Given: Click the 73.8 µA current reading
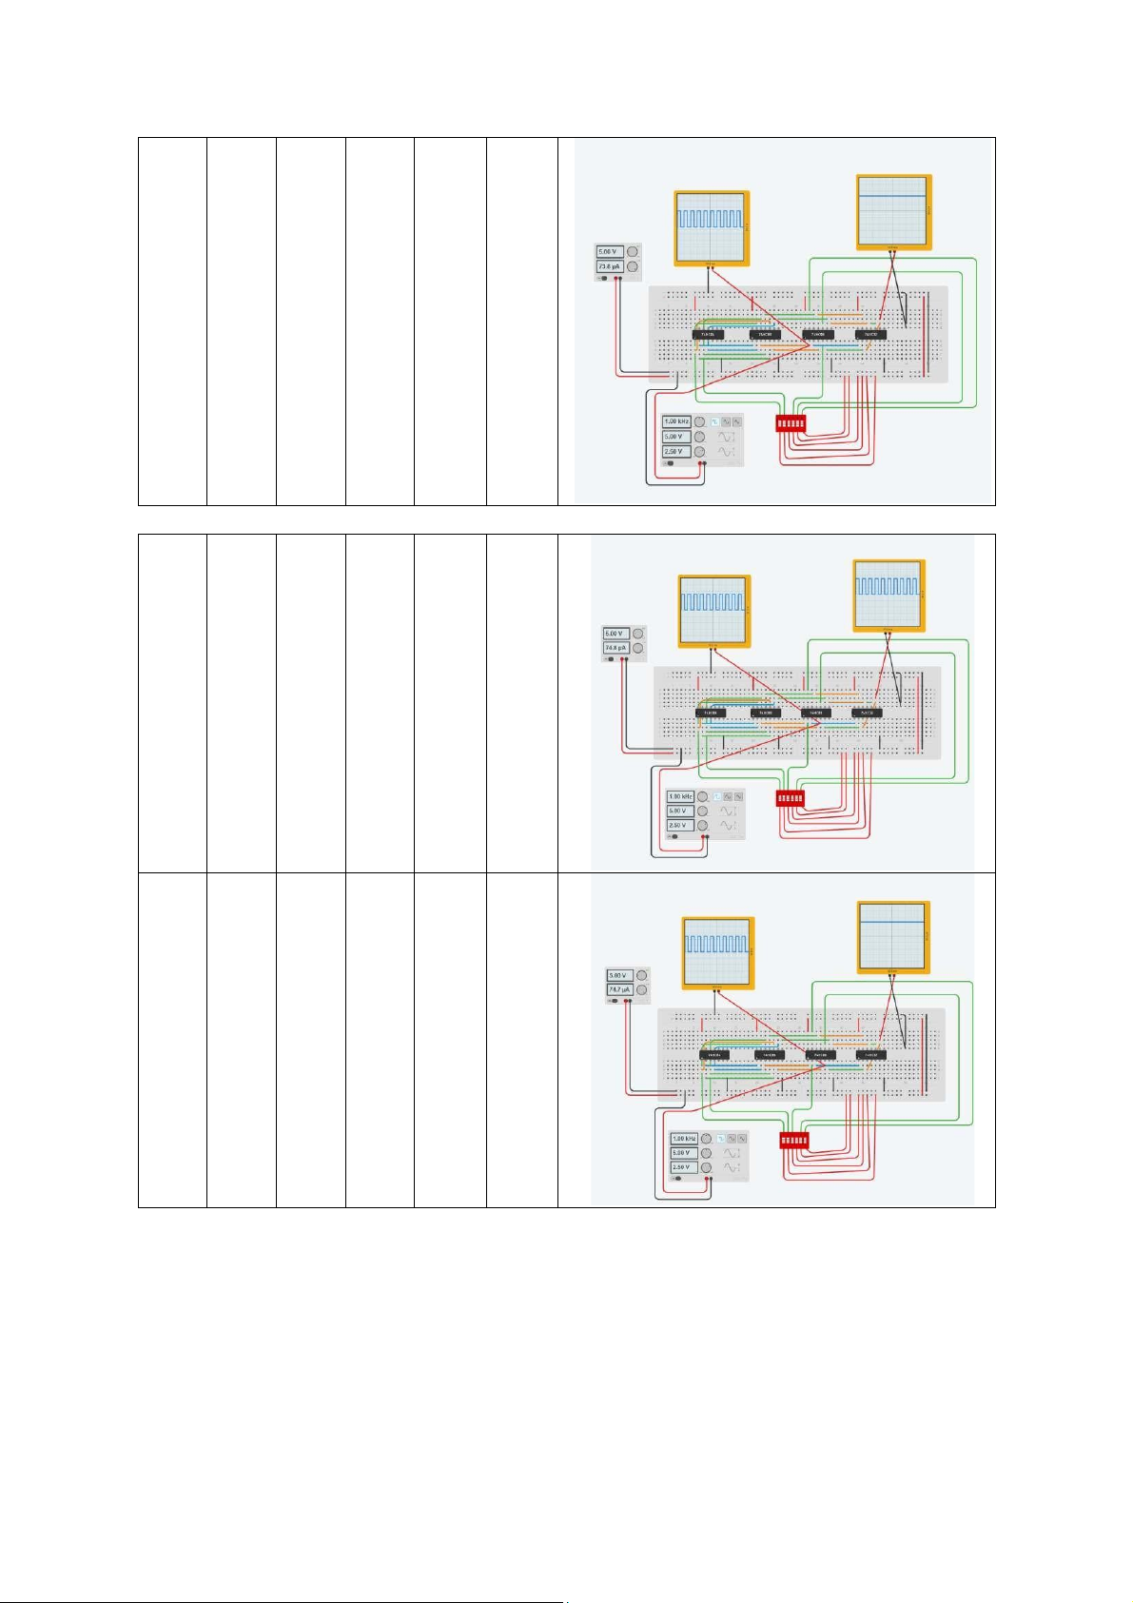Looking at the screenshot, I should [x=609, y=266].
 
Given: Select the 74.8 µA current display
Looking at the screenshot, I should [x=615, y=648].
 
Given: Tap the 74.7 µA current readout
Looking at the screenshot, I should [x=619, y=990].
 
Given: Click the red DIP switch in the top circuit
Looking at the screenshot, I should [x=791, y=423].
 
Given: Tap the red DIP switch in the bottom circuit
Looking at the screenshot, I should [x=794, y=1140].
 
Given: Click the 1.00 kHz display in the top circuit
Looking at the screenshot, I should [x=676, y=421].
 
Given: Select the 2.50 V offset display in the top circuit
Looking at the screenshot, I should [x=674, y=452].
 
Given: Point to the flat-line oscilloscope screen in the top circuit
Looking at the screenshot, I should [x=892, y=211].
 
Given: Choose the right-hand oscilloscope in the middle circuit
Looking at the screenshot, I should [x=889, y=596].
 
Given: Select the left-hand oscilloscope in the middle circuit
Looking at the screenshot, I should [x=713, y=610].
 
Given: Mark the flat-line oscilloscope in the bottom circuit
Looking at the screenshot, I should [x=892, y=937].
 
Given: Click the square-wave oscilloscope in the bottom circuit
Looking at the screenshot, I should [x=717, y=951].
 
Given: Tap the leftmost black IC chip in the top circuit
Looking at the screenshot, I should [x=708, y=335].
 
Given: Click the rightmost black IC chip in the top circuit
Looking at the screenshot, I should [x=870, y=335].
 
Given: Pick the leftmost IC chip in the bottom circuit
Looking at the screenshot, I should [x=714, y=1055].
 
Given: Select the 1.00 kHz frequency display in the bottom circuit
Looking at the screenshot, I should [x=684, y=1138].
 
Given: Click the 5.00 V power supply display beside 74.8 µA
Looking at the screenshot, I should [x=615, y=634].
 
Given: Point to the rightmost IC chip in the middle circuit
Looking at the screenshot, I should [x=867, y=713].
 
